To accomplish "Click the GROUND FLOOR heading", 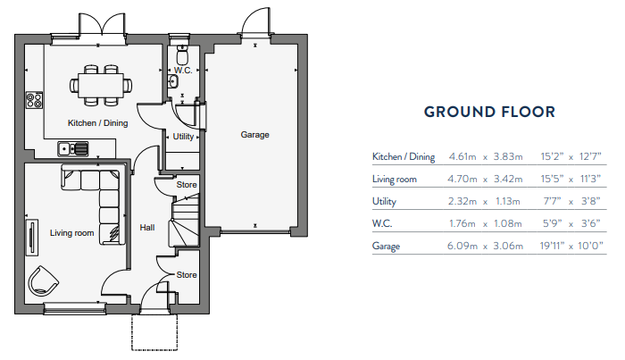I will [489, 112].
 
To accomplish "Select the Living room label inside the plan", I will [71, 233].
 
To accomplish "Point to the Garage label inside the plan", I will [254, 135].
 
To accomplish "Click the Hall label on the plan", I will [147, 228].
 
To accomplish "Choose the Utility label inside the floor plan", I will [183, 137].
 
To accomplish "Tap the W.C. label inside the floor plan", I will [183, 70].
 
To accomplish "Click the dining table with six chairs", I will [100, 84].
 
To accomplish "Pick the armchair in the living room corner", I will [43, 281].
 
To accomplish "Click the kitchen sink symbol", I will [71, 148].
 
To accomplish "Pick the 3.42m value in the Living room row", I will [507, 180].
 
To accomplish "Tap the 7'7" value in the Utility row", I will [554, 201].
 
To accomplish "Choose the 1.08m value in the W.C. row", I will [507, 223].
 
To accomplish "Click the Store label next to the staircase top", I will [187, 185].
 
